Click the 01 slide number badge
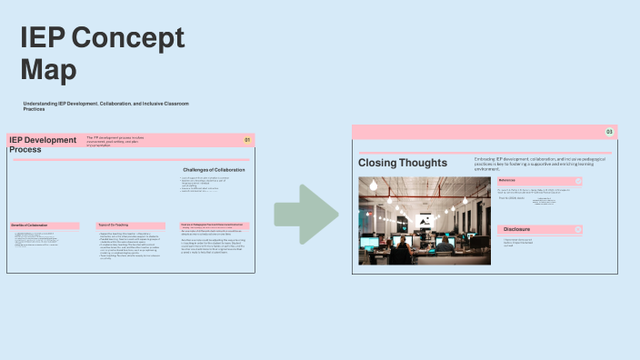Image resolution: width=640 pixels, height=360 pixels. pyautogui.click(x=246, y=140)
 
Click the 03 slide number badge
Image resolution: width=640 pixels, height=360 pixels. pyautogui.click(x=609, y=133)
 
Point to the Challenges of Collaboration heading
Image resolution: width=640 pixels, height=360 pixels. pyautogui.click(x=215, y=170)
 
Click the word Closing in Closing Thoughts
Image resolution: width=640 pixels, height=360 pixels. pyautogui.click(x=377, y=163)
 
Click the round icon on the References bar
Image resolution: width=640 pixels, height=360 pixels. pyautogui.click(x=578, y=181)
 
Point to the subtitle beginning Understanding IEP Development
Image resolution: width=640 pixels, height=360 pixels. pyautogui.click(x=105, y=105)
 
